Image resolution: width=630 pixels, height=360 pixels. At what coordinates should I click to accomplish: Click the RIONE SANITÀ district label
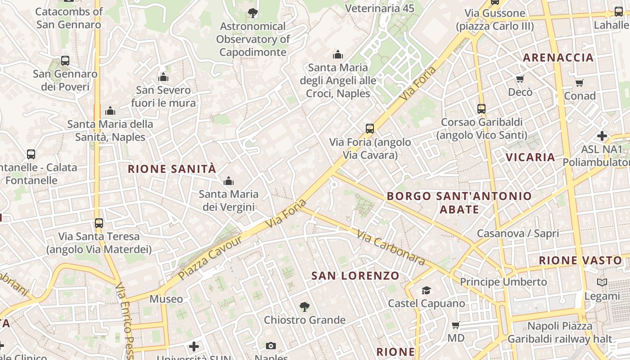(172, 169)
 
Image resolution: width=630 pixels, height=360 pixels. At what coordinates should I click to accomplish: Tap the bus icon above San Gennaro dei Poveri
(65, 60)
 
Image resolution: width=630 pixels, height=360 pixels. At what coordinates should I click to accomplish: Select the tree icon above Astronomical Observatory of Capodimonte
(253, 13)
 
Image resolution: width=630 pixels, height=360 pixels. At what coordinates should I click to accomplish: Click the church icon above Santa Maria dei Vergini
(229, 181)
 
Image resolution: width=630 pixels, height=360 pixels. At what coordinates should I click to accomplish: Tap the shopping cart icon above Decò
(520, 79)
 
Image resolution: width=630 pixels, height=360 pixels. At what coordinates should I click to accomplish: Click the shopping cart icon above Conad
(579, 83)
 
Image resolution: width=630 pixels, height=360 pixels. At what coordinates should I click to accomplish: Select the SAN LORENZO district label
(355, 276)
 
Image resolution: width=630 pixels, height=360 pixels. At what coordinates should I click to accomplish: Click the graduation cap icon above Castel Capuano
(426, 290)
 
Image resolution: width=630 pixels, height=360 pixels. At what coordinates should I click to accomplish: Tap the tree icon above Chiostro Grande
(305, 307)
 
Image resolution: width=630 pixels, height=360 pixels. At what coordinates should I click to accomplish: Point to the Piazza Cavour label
(210, 257)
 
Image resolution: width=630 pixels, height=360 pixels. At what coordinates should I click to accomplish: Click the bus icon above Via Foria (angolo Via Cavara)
(370, 129)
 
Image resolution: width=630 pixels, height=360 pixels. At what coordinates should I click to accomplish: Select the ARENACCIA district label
(558, 58)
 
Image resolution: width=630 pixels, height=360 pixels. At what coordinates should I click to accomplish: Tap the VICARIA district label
(531, 157)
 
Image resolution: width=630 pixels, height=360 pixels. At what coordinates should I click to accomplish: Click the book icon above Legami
(602, 283)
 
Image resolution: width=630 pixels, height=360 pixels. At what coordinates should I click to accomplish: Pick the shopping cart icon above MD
(455, 325)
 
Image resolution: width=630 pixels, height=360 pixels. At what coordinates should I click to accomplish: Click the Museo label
(166, 299)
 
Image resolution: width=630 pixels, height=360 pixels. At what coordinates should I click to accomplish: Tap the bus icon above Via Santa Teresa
(99, 223)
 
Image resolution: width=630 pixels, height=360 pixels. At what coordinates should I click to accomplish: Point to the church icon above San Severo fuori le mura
(163, 77)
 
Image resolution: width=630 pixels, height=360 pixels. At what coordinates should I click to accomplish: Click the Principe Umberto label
(503, 282)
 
